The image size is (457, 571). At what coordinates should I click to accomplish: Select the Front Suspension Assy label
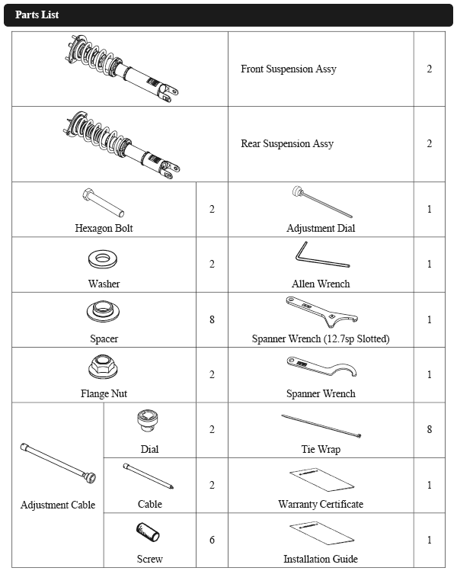coord(288,69)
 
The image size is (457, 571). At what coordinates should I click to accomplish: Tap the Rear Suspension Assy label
coord(287,143)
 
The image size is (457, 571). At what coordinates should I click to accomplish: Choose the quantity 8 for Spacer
coord(212,319)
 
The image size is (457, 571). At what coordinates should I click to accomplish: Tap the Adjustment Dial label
coord(321,228)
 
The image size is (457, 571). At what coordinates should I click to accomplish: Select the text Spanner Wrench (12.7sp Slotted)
coord(321,338)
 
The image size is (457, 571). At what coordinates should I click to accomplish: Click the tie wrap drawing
coord(321,426)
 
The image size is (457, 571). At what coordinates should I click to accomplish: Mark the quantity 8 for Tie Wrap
coord(430,429)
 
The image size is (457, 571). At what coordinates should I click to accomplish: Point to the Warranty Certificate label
coord(321,504)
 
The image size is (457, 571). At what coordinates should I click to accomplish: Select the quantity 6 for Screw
coord(212,540)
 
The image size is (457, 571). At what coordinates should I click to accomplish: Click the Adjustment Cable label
coord(58,505)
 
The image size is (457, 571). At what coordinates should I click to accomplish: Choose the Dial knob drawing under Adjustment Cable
coord(148,422)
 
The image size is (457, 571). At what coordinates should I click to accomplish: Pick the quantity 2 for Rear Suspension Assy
coord(430,143)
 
